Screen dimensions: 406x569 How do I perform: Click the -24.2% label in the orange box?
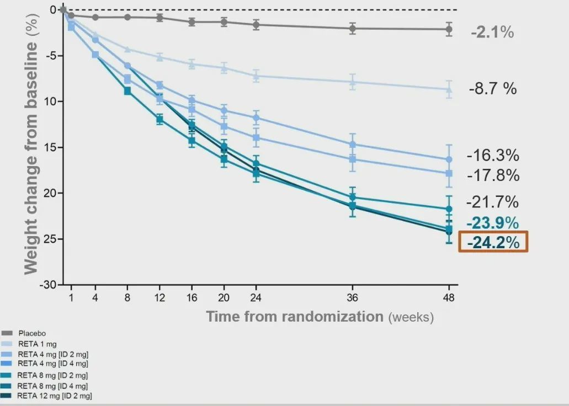[x=493, y=242]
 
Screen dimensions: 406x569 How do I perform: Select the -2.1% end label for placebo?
[x=492, y=33]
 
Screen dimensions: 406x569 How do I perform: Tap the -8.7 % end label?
[x=493, y=88]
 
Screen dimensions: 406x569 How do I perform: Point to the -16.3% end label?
[x=493, y=155]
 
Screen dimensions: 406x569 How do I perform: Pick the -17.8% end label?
[x=493, y=176]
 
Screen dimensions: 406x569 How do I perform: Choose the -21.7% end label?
[x=493, y=201]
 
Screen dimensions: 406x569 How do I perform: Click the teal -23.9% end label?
[x=493, y=223]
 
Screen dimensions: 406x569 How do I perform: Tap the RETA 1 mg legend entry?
[x=36, y=344]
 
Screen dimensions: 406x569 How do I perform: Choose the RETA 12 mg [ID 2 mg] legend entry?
[x=54, y=396]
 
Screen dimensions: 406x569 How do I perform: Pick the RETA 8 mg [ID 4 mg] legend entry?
[x=52, y=386]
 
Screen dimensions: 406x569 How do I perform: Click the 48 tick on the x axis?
[x=449, y=298]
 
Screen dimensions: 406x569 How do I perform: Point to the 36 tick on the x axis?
[x=353, y=298]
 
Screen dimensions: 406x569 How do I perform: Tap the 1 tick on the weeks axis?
[x=71, y=298]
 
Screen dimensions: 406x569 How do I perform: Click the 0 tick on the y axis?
[x=53, y=10]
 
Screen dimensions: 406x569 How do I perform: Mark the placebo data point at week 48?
[x=449, y=29]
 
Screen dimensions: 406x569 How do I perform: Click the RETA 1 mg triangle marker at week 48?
[x=449, y=89]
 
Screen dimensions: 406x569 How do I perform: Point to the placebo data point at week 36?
[x=353, y=29]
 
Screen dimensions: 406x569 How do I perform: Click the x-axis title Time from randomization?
[x=295, y=317]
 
